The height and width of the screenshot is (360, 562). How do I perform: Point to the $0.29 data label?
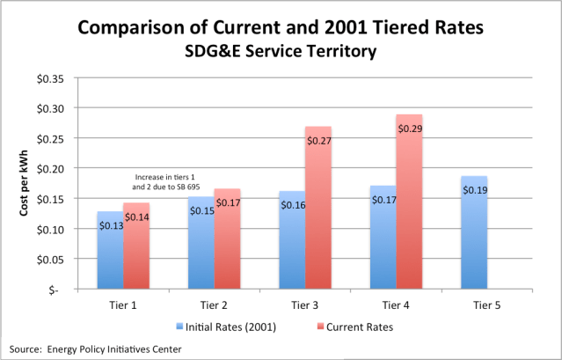409,129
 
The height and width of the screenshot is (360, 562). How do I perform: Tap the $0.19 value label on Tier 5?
473,190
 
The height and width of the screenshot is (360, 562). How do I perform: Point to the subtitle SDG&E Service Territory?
281,52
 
